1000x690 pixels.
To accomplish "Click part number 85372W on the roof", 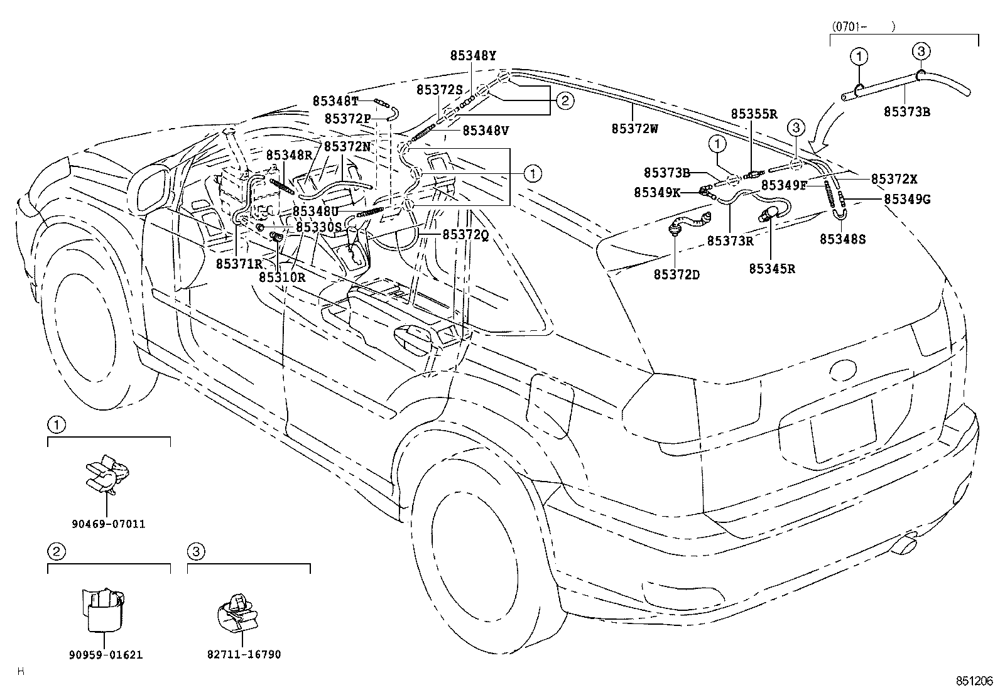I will tap(634, 129).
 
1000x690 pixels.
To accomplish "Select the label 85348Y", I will tap(472, 55).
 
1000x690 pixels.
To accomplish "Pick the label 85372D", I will tap(677, 274).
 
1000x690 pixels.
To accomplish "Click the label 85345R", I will tap(772, 268).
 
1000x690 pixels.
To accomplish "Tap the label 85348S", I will tap(842, 239).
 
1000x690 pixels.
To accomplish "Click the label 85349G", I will tap(906, 200).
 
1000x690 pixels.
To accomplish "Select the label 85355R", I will tap(754, 114).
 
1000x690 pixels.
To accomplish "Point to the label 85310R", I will tap(282, 276).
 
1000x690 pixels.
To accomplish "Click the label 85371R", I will tap(239, 264).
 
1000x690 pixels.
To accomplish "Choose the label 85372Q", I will tap(465, 234).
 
